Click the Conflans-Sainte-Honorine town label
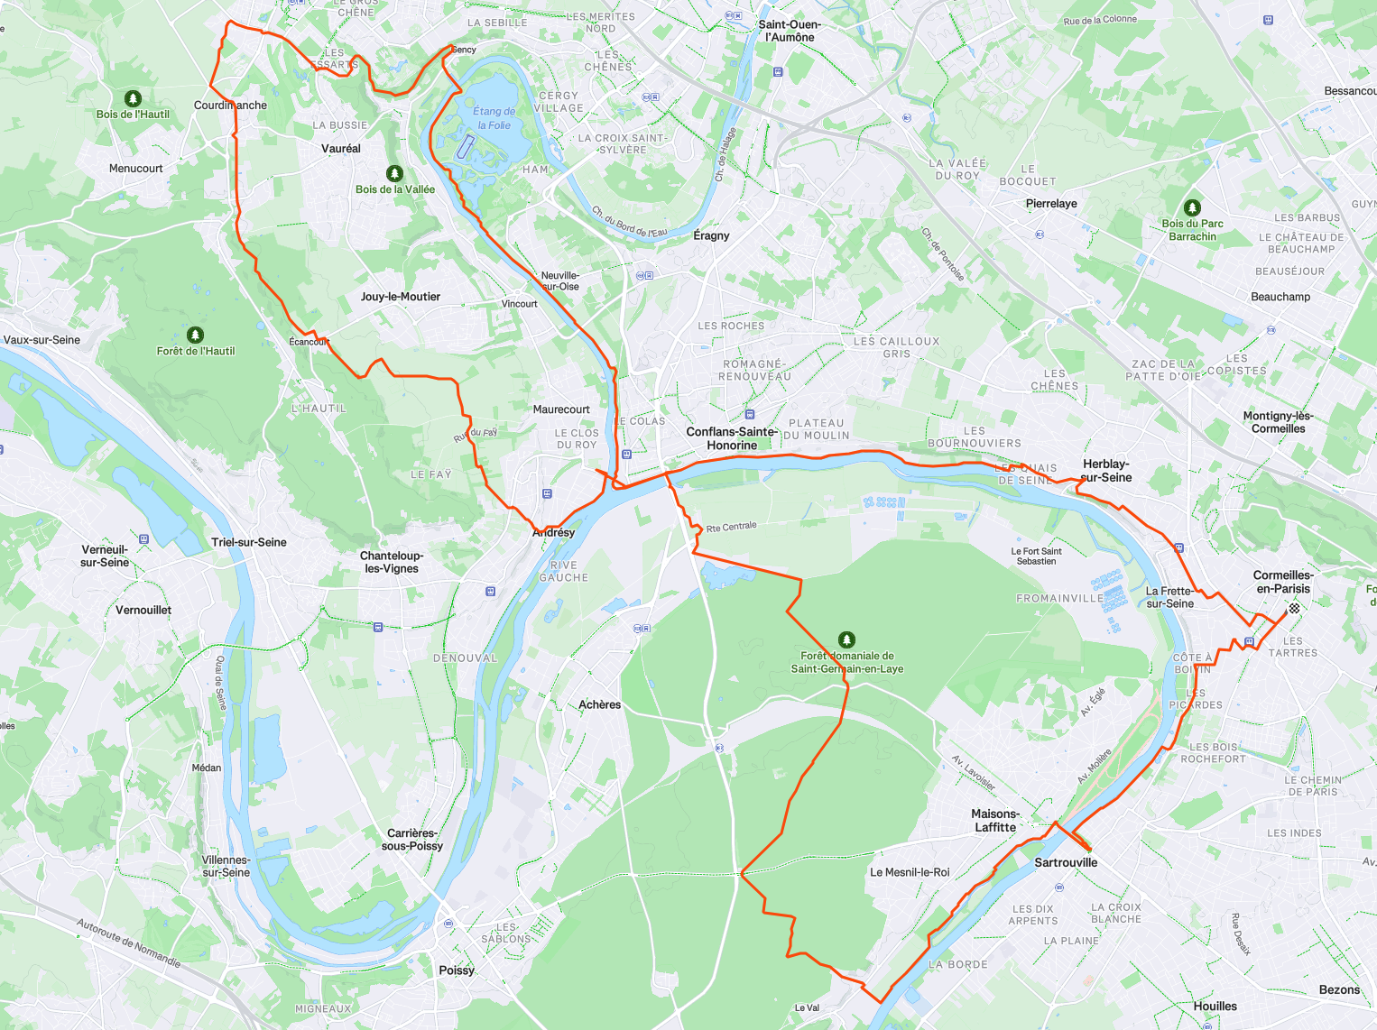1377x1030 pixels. [x=732, y=438]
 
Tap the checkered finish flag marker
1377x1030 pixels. [x=1294, y=609]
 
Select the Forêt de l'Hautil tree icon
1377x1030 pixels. [x=195, y=336]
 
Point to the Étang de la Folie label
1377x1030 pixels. [x=494, y=118]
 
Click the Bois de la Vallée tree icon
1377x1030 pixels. [x=394, y=173]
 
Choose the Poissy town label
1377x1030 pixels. [x=457, y=970]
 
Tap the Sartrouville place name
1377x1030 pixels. [x=1066, y=863]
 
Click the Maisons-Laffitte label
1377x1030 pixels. [x=995, y=821]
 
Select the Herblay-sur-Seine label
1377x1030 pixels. [x=1105, y=471]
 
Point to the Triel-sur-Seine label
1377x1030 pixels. [x=249, y=542]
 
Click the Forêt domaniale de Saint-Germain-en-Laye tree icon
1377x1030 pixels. [x=846, y=639]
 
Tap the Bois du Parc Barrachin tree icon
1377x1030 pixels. [x=1192, y=207]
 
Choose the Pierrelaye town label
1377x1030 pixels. [x=1051, y=204]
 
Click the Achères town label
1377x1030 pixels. [x=599, y=704]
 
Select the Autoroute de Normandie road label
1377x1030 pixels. [x=128, y=943]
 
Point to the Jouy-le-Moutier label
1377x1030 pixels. [x=401, y=297]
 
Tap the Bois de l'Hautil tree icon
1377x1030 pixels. [x=133, y=98]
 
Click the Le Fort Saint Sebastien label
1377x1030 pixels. [x=1036, y=556]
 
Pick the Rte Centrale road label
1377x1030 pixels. [x=731, y=527]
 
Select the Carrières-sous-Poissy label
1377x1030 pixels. [x=412, y=840]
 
